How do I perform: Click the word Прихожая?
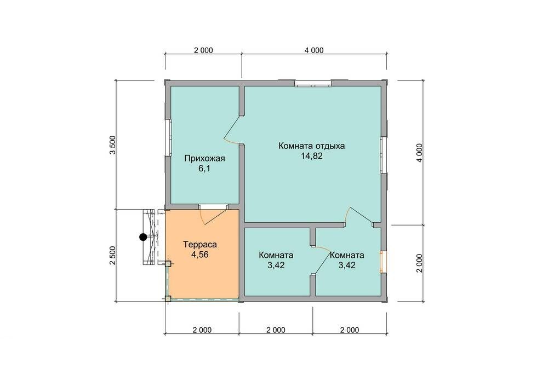(204, 159)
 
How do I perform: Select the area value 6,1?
(204, 169)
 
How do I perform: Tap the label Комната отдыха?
(311, 146)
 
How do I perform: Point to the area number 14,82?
(311, 156)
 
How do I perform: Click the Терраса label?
(200, 245)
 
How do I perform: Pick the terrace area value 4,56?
(200, 255)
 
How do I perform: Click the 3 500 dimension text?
(113, 145)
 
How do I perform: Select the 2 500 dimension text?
(113, 256)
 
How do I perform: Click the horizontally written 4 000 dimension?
(314, 50)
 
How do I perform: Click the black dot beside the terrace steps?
(143, 238)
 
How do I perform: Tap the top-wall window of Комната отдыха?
(313, 84)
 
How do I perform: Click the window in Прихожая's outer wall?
(168, 137)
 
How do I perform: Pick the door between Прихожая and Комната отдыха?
(233, 130)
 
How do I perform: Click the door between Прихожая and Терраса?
(213, 214)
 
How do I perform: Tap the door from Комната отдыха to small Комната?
(359, 215)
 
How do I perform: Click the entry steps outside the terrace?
(149, 238)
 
